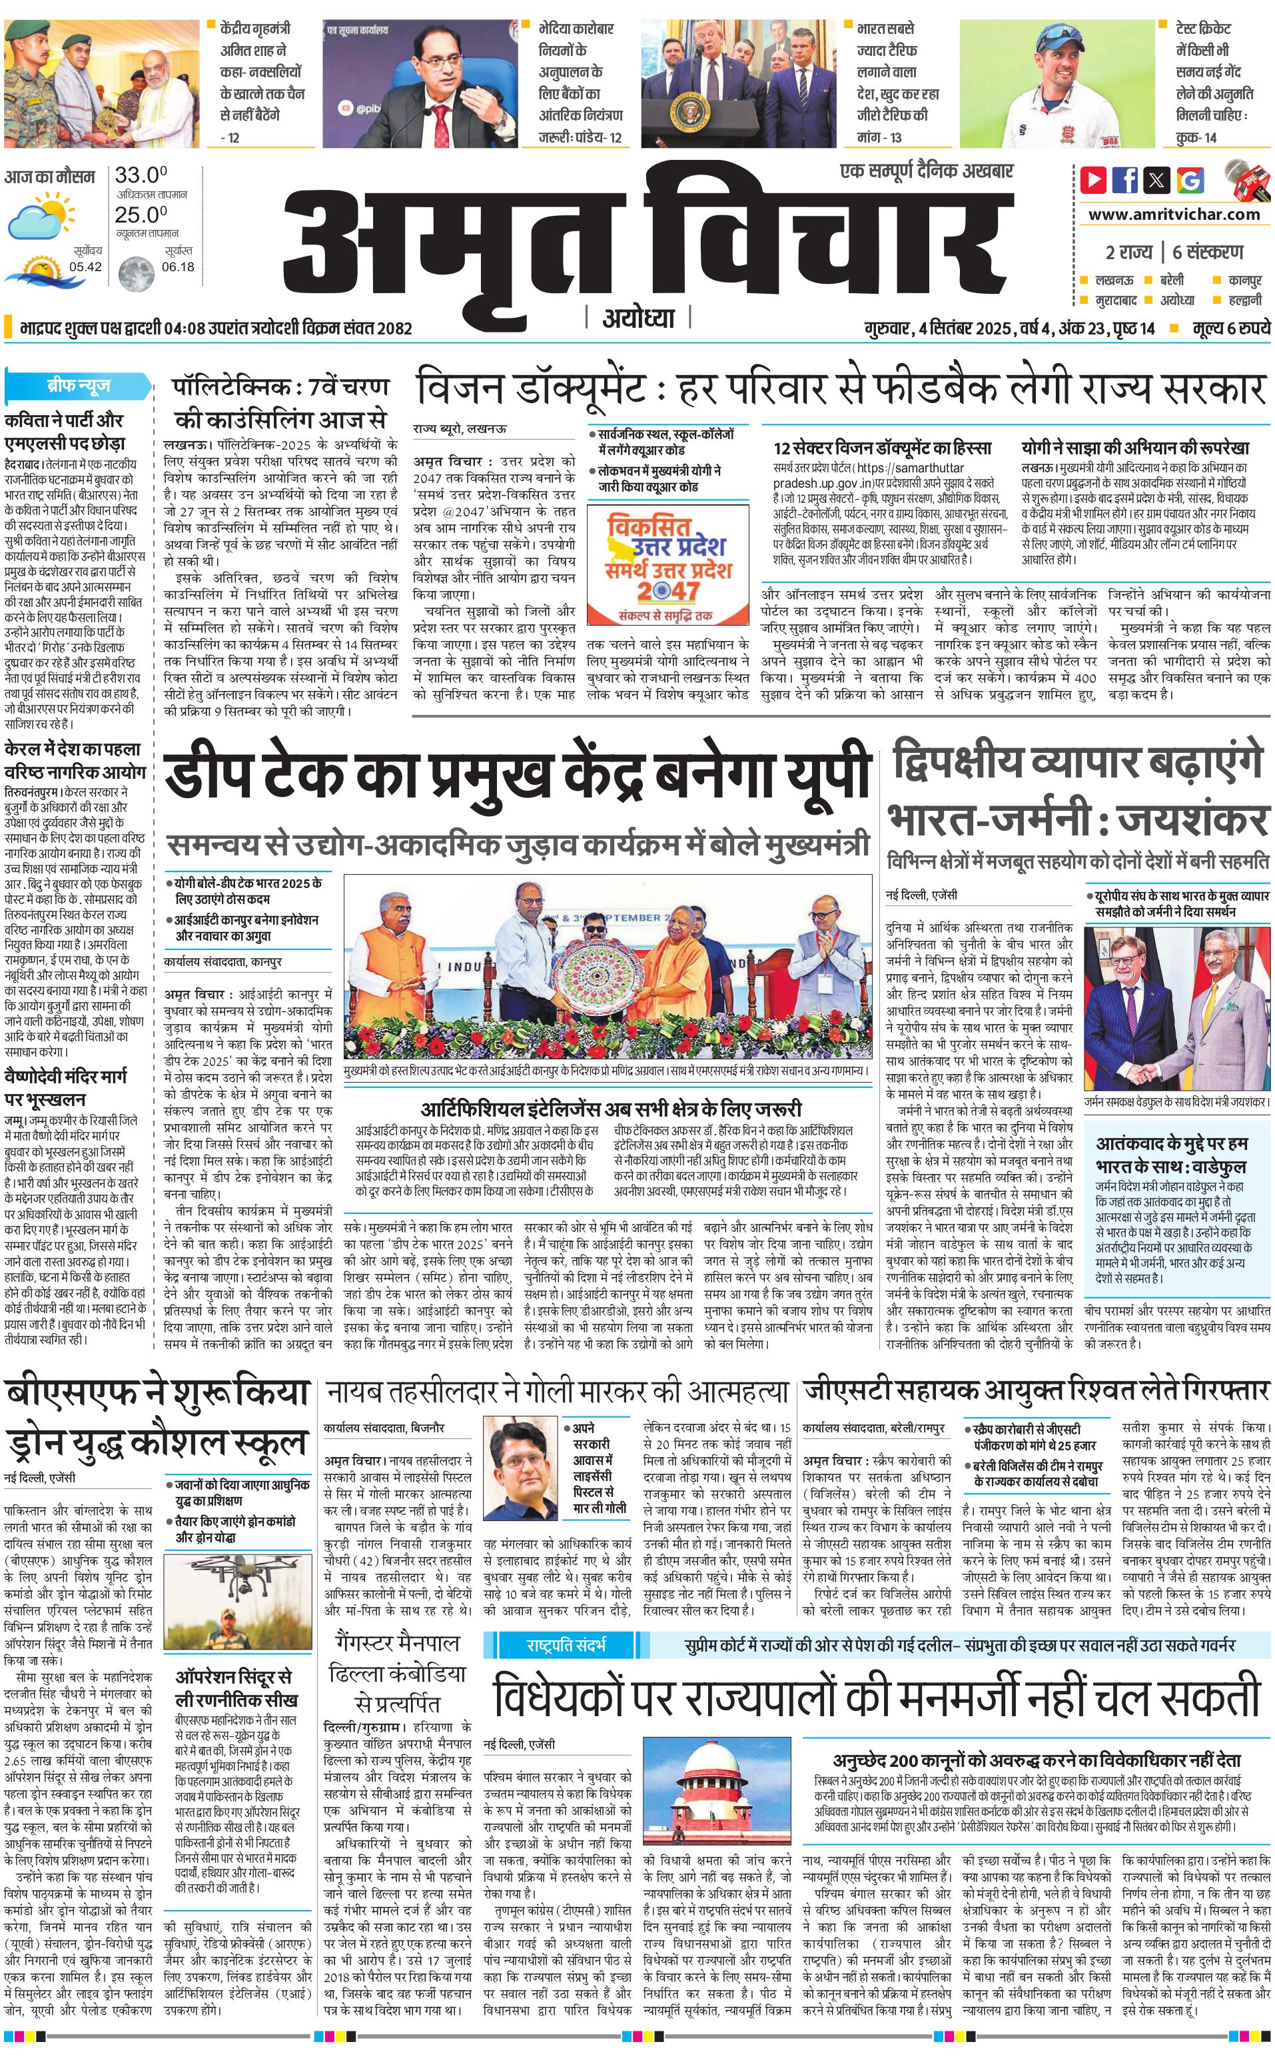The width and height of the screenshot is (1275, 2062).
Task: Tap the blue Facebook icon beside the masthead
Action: tap(1125, 180)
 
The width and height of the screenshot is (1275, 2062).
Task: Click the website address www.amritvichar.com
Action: tap(1174, 215)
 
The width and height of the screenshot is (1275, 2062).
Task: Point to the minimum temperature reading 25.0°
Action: tap(141, 215)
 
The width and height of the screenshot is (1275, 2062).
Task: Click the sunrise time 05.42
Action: tap(85, 266)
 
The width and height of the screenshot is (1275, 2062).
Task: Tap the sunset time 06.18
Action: tap(178, 266)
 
